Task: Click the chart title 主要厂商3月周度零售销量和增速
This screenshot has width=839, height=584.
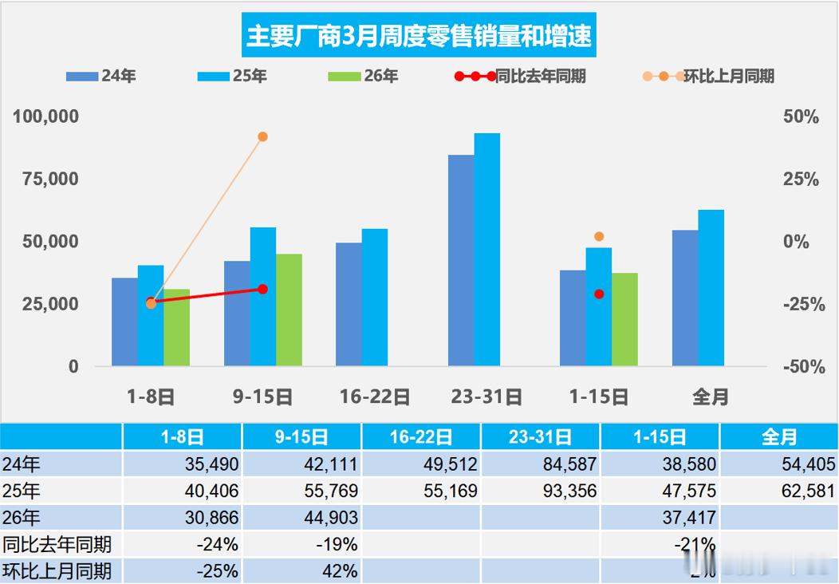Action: tap(419, 37)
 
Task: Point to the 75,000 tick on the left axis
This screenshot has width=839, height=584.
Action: tap(45, 179)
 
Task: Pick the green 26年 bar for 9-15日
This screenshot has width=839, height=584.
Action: tap(289, 310)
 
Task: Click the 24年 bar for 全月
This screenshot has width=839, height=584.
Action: tap(685, 298)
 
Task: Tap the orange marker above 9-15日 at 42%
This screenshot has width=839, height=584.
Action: tap(262, 136)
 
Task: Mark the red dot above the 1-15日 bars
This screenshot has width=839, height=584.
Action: tap(599, 294)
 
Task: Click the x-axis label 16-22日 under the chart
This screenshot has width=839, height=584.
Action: tap(374, 397)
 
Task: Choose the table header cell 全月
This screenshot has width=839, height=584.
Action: tap(778, 437)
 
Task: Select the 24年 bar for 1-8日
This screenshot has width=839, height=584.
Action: tap(124, 322)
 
